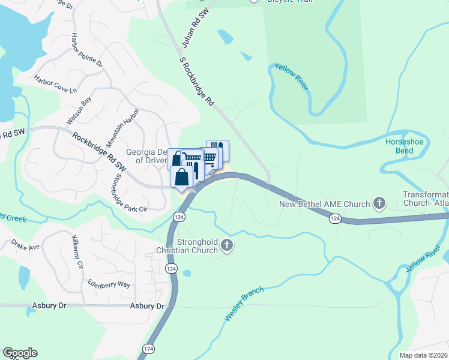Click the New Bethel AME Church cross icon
pos(379,203)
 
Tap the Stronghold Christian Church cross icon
pos(226,245)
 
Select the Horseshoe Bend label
pos(399,146)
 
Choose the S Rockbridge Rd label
pos(197,82)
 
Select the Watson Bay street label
pos(79,111)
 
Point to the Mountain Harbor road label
pos(122,128)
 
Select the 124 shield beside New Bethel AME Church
pos(335,220)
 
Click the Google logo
pos(20,353)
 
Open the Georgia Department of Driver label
pos(146,156)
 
